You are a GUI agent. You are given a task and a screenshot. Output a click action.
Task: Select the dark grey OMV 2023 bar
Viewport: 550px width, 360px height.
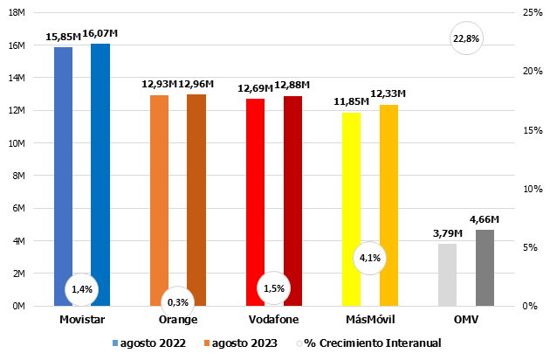(485, 267)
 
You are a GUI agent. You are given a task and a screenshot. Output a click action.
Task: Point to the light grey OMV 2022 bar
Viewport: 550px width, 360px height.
(447, 274)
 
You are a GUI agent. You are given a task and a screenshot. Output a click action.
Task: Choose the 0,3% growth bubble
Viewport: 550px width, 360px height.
(177, 302)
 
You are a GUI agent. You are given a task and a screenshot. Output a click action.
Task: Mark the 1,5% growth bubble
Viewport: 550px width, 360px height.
(274, 288)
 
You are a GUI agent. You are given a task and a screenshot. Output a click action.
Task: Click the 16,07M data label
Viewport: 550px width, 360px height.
(100, 33)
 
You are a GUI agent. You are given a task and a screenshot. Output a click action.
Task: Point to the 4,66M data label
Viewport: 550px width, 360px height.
(485, 219)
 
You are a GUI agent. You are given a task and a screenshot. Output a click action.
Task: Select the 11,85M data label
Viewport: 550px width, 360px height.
(351, 102)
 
